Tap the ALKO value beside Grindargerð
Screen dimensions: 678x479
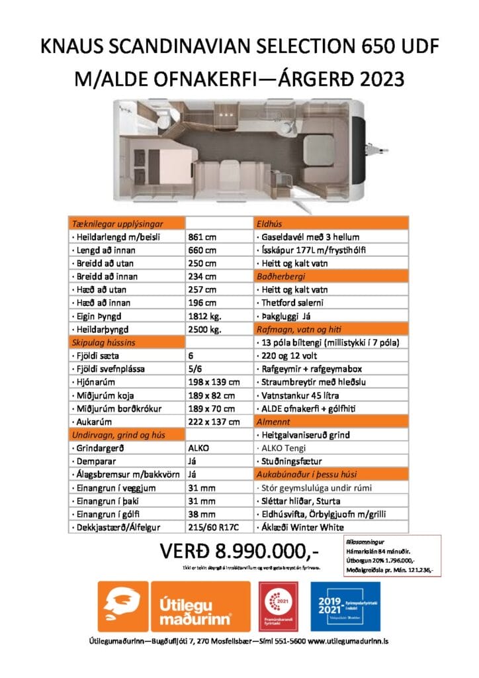point(199,448)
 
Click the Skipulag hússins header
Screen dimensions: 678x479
point(99,342)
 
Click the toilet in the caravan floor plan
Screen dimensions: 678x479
point(162,121)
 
